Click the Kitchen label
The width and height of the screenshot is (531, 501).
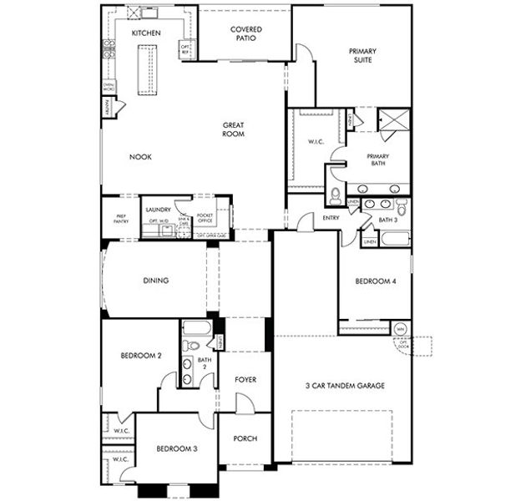click(146, 33)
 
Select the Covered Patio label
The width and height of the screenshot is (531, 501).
click(245, 33)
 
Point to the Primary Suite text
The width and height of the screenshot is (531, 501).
click(362, 56)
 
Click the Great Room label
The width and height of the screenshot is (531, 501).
click(233, 129)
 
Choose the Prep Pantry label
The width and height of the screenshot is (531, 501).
click(120, 219)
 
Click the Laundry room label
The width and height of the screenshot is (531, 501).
click(158, 210)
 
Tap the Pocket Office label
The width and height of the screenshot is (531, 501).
click(205, 219)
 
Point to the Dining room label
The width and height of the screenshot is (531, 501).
click(155, 281)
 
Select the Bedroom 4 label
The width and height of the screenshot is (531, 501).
click(376, 281)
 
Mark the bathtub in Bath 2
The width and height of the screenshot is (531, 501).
click(197, 326)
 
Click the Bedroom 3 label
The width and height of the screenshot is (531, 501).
click(177, 449)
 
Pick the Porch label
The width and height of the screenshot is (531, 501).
click(245, 438)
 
